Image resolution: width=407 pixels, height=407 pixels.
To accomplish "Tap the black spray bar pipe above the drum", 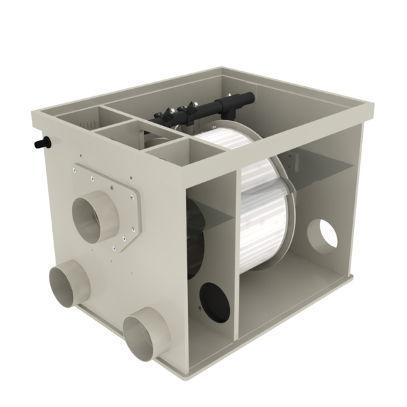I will [x=210, y=109].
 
